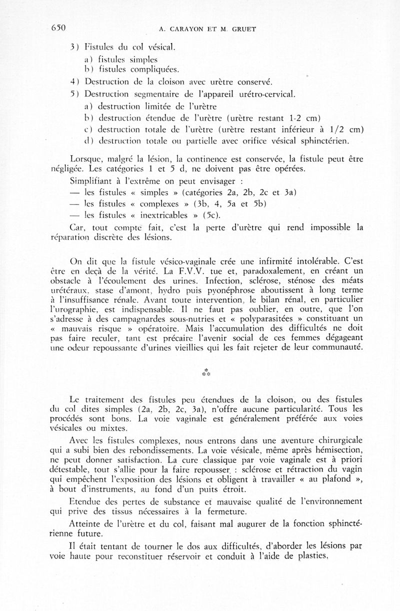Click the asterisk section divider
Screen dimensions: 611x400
205,372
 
